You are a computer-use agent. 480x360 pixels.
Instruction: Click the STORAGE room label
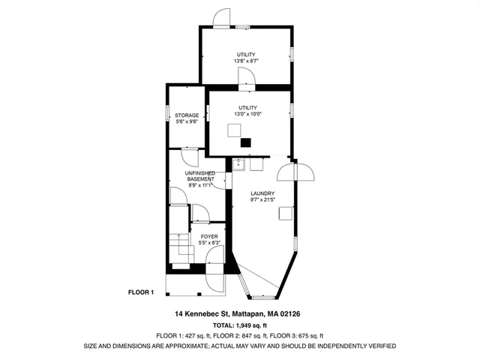click(187, 115)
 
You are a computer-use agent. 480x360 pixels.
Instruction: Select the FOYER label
click(208, 236)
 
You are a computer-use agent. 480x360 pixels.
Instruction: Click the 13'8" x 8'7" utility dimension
click(246, 61)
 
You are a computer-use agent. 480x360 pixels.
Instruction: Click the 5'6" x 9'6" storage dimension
click(187, 121)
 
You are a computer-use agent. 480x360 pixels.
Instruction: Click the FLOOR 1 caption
click(141, 292)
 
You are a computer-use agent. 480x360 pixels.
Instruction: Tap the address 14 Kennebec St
click(197, 313)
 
